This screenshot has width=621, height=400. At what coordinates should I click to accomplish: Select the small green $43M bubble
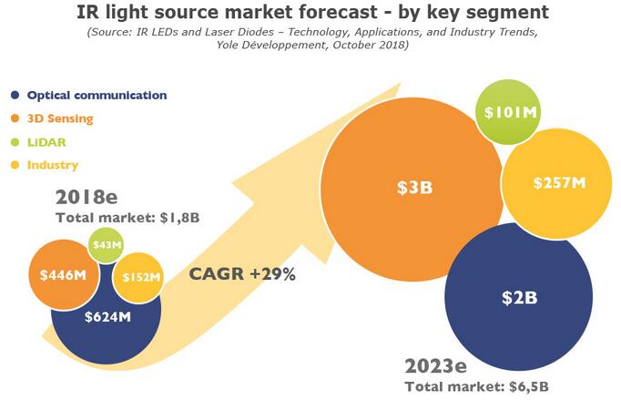tap(107, 244)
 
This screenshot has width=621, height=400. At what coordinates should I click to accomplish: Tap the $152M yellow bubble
tap(138, 277)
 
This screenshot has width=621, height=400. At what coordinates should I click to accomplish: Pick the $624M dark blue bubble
tap(107, 318)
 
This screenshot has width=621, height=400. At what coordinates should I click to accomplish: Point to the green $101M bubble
tap(511, 112)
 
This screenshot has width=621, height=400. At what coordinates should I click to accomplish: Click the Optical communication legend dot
tap(15, 95)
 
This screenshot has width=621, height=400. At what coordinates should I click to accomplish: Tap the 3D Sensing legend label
tap(60, 118)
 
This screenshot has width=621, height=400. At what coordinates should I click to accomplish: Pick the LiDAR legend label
tap(46, 141)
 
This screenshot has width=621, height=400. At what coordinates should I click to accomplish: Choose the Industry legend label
tap(53, 165)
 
